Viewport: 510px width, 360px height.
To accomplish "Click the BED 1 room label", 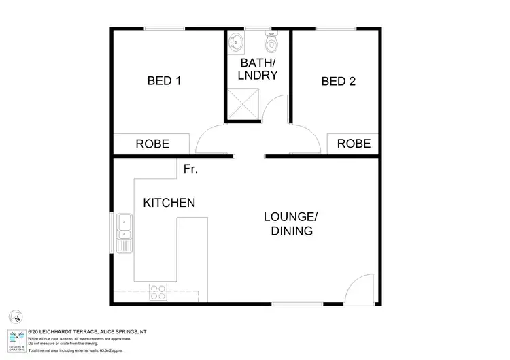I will click(164, 81).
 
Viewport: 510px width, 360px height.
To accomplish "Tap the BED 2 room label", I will click(339, 81).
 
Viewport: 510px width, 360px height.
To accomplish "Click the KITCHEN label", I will click(169, 203).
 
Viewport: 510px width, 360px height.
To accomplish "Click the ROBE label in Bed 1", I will click(152, 144).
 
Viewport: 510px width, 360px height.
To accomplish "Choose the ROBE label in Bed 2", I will click(354, 144).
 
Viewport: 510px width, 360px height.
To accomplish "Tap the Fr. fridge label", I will click(190, 169).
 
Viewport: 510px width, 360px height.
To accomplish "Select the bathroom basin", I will click(236, 42).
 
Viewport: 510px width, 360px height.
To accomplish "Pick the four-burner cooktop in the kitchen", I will click(158, 291).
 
